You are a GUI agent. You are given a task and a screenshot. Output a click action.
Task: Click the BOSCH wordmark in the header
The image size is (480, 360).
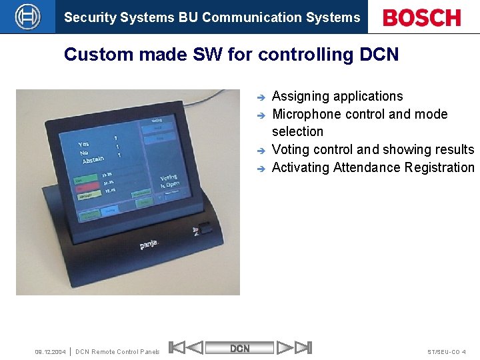tap(422, 17)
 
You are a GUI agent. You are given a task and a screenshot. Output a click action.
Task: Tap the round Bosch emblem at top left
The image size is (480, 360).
tap(27, 17)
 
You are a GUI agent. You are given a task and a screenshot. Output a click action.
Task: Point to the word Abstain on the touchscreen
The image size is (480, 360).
tap(93, 159)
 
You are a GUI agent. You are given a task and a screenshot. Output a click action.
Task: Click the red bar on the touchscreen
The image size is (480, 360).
tap(85, 189)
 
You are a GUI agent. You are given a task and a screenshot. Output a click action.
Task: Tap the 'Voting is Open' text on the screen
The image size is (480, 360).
tap(169, 181)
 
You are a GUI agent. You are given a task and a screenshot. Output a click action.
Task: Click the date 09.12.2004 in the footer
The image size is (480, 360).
tap(50, 351)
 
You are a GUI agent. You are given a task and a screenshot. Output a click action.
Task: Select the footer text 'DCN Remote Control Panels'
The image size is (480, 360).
tap(117, 351)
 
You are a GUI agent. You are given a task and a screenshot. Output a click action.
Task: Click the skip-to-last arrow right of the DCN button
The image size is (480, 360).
tap(303, 347)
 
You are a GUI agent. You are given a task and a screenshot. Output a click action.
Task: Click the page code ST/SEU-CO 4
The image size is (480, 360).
tap(446, 351)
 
